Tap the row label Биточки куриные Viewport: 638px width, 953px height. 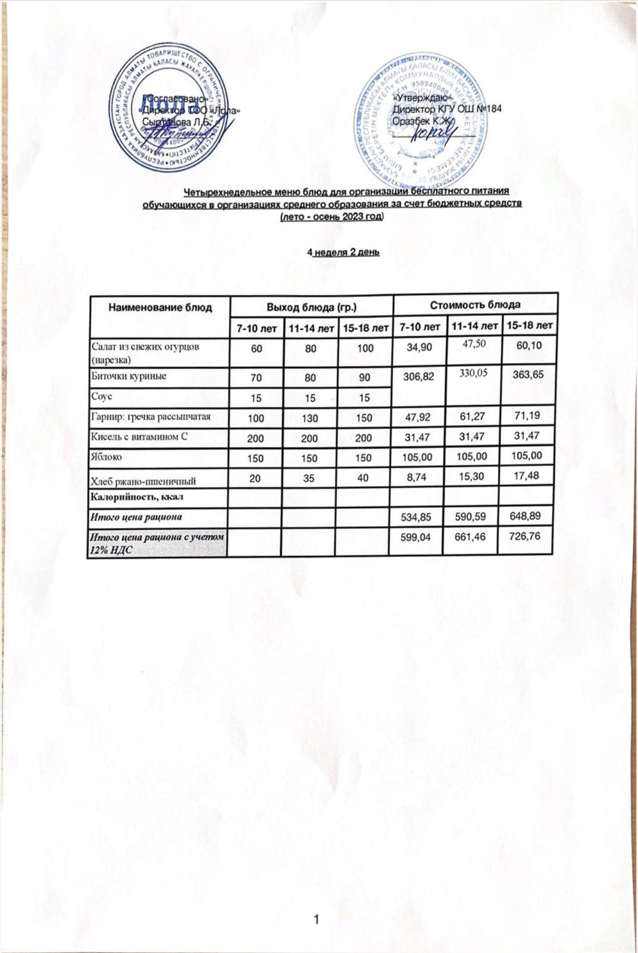click(129, 376)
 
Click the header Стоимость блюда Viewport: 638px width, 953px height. click(476, 304)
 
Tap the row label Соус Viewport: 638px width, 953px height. click(102, 396)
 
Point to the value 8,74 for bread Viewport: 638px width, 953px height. click(420, 477)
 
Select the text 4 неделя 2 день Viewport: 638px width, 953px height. click(343, 252)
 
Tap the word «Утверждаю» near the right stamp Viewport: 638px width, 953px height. click(423, 98)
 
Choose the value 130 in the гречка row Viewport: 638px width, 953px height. click(310, 418)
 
